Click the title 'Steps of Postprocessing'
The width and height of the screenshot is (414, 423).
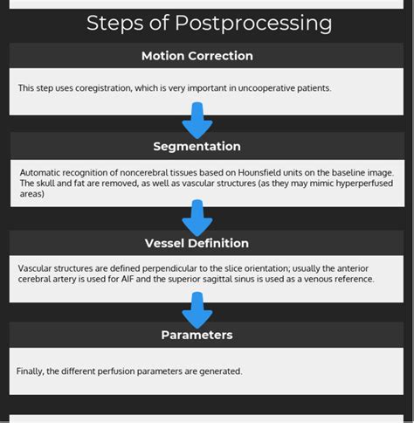tap(209, 23)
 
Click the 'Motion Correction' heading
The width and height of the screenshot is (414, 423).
tap(197, 56)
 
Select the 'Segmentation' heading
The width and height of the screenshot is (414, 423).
tap(197, 146)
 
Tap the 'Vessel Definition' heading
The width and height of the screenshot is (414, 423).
tap(197, 243)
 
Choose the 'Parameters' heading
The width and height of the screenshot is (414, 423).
tap(197, 335)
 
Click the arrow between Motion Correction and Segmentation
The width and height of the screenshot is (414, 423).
tap(197, 119)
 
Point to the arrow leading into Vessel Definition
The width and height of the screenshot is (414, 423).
tap(197, 216)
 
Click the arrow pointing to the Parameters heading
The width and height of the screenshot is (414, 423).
tap(197, 308)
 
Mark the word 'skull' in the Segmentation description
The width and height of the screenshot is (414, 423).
tap(45, 184)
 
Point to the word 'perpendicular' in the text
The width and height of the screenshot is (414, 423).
tap(190, 269)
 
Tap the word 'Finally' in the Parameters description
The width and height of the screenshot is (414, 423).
tap(31, 371)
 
